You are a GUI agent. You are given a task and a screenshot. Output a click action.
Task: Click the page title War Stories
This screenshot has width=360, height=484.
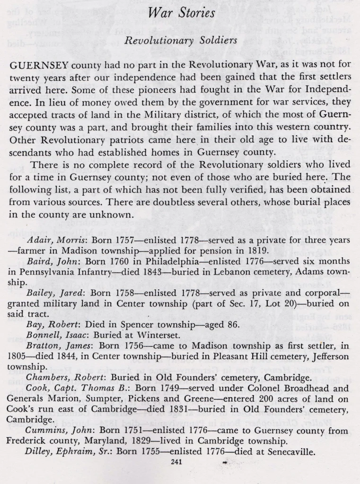pyautogui.click(x=181, y=13)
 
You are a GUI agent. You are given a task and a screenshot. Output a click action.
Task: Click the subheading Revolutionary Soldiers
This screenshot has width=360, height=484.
pyautogui.click(x=180, y=41)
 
